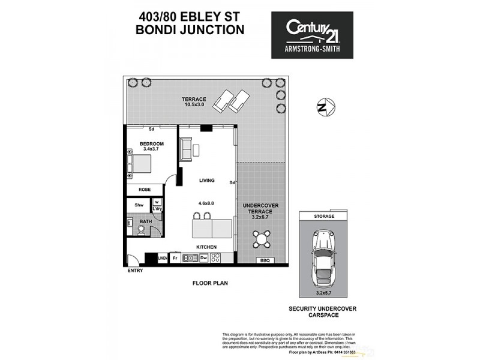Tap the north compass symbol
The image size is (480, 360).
[x=324, y=107]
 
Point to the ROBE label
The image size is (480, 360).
[x=145, y=189]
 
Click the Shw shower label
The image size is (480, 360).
[x=139, y=205]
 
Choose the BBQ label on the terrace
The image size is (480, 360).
[x=264, y=260]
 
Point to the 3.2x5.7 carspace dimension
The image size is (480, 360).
[x=323, y=294]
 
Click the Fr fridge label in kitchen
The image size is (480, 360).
[x=175, y=258]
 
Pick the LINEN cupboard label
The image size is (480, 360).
[x=163, y=258]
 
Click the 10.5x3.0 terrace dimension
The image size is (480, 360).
[x=194, y=106]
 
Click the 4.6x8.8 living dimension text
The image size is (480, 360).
[x=207, y=203]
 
